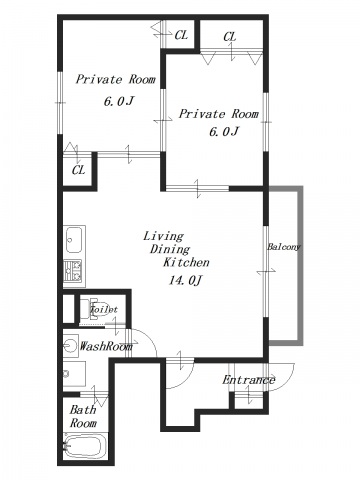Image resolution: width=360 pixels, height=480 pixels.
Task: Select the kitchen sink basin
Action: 74,240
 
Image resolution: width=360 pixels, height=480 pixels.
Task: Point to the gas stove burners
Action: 73,270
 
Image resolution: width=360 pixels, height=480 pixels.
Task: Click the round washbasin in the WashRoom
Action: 70,346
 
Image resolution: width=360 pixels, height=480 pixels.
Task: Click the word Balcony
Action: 284,247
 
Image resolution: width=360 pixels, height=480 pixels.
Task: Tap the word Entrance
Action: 249,380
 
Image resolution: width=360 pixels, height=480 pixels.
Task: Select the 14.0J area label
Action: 185,281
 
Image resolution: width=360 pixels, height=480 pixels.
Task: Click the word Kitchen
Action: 186,262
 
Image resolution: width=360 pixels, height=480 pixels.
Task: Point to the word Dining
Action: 170,249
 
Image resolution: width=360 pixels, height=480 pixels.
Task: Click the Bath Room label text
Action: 83,417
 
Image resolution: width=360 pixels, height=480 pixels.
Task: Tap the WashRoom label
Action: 106,346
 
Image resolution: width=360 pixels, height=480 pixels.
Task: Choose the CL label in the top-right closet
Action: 230,37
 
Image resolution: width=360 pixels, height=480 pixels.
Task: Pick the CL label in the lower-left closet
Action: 79,170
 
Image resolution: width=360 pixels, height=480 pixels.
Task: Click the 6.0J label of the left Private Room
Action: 119,101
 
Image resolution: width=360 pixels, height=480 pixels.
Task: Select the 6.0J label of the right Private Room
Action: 224,132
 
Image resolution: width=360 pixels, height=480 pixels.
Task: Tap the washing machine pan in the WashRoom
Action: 75,374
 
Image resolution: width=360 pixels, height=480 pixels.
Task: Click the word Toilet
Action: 104,309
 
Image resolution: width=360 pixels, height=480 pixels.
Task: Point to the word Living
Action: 163,237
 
